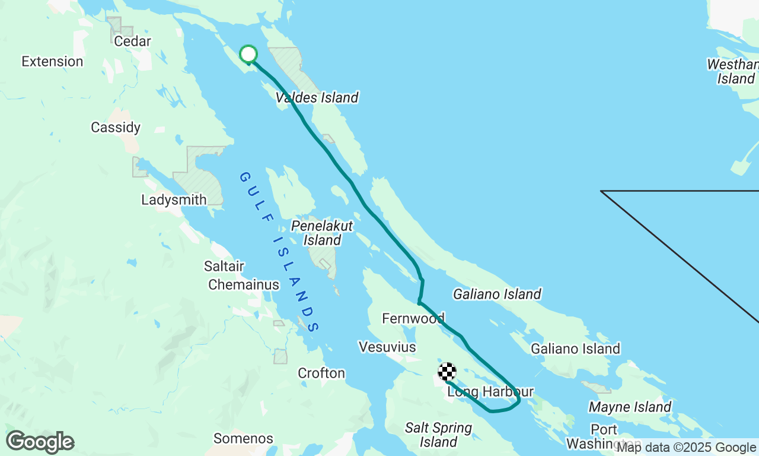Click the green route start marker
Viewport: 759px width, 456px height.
point(248,55)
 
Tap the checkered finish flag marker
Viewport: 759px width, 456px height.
point(447,372)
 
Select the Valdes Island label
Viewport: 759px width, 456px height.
point(317,97)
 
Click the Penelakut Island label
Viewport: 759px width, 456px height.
point(322,233)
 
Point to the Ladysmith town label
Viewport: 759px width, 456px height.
point(174,199)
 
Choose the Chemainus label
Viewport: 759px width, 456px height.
point(244,285)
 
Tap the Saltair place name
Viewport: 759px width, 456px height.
point(224,266)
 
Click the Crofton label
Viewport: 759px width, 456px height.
point(321,373)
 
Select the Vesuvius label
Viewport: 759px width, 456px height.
point(387,346)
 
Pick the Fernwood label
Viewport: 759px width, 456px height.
point(413,318)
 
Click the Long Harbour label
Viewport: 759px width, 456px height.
point(490,392)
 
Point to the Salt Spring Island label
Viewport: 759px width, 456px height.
point(438,435)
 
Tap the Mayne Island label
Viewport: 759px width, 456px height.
point(630,407)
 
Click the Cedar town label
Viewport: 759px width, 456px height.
point(132,42)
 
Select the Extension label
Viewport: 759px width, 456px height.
point(52,61)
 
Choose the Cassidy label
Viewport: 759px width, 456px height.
point(116,127)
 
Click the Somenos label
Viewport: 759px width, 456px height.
point(243,439)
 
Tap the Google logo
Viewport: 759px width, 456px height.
point(40,442)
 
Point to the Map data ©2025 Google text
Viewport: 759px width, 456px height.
point(686,448)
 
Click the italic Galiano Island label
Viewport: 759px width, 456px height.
point(497,293)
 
